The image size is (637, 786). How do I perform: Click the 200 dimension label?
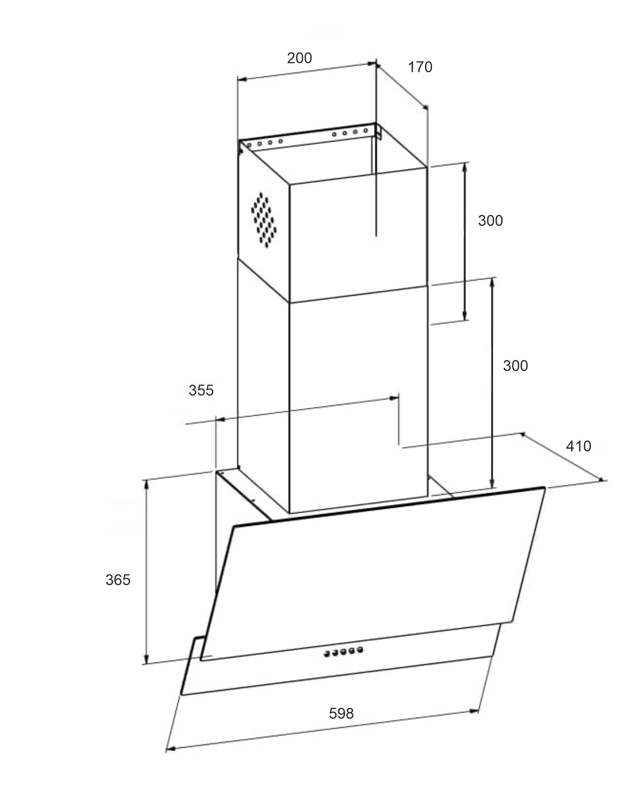(x=299, y=58)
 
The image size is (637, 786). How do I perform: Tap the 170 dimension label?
(x=420, y=67)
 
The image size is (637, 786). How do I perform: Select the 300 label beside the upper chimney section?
(x=490, y=221)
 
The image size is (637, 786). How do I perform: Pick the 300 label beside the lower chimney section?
(x=515, y=366)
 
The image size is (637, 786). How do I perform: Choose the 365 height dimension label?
(x=118, y=580)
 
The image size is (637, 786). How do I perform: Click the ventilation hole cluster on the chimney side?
(x=264, y=219)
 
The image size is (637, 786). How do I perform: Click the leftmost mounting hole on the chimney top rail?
(x=249, y=145)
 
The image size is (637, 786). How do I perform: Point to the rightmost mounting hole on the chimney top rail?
(x=366, y=130)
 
